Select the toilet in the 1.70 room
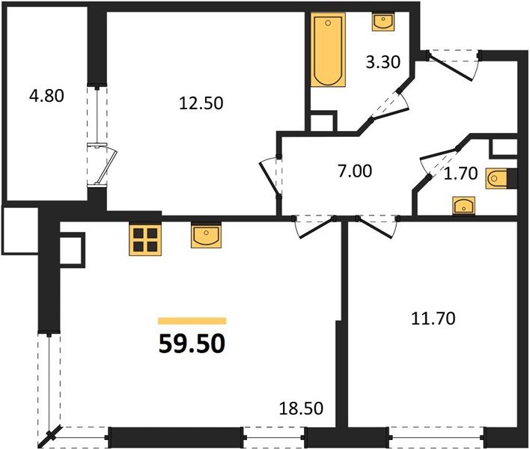coord(500,180)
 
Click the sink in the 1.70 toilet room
coord(463,205)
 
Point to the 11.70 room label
coord(432,318)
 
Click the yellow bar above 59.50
coord(192,320)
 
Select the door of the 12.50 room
coord(270,176)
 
